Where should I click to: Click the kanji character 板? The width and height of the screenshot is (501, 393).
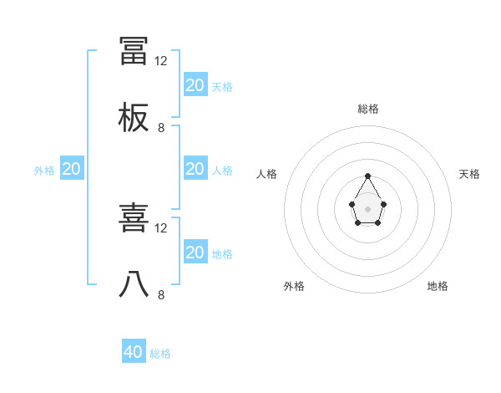coord(134,118)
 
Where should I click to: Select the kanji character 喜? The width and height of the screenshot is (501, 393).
coord(134,218)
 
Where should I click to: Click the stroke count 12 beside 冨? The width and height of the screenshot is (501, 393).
coord(161,61)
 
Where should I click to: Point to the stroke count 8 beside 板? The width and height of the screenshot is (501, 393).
coord(161,128)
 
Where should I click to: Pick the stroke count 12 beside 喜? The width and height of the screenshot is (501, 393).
coord(161,228)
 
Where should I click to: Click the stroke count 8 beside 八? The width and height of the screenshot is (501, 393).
coord(161,295)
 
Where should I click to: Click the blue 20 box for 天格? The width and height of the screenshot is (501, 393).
coord(195,84)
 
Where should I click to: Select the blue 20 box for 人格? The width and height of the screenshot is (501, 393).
coord(195,169)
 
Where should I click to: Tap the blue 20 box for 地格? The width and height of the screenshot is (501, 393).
coord(195,253)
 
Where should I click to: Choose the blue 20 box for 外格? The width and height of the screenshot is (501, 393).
coord(72,169)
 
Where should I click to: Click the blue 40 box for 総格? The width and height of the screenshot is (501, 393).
coord(134,352)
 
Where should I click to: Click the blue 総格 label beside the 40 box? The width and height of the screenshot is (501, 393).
coord(161,354)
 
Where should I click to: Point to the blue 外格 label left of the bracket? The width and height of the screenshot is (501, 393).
coord(44,171)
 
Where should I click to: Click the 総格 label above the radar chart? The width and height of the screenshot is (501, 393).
coord(368,109)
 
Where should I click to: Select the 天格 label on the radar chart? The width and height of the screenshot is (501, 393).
coord(470,174)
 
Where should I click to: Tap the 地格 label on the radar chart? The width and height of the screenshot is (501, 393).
coord(438,286)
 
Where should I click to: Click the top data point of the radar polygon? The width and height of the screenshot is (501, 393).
coord(368,176)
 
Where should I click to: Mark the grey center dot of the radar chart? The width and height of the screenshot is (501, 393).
coord(368,207)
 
